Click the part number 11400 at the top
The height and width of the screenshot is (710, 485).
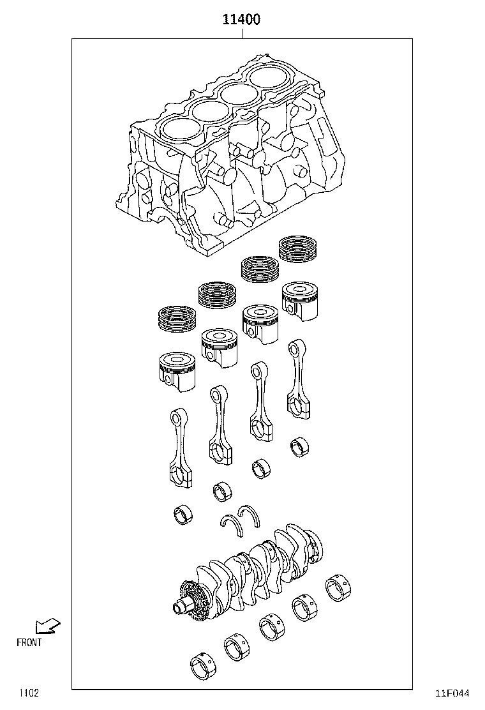[x=241, y=20]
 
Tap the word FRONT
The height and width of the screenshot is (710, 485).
[x=29, y=642]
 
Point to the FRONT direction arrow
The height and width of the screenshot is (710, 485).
[x=47, y=626]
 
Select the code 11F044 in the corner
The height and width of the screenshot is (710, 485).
[x=452, y=693]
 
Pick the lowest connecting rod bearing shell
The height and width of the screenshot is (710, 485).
[x=183, y=515]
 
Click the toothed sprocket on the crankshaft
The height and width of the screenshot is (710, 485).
[x=190, y=598]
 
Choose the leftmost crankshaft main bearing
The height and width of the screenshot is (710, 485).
[x=204, y=666]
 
